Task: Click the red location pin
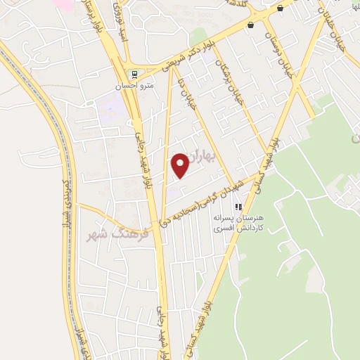[x=181, y=165]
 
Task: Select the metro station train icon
[x=131, y=75]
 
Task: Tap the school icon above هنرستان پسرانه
[x=238, y=207]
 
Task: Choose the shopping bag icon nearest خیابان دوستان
[x=251, y=25]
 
